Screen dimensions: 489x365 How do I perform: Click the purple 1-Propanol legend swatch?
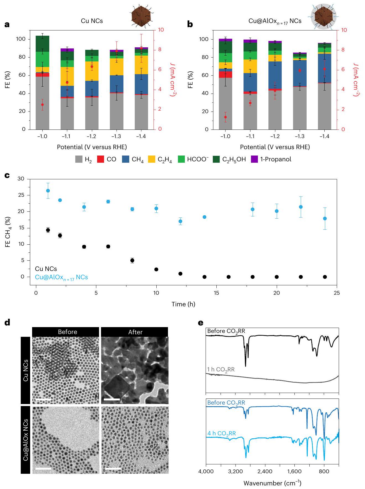click(x=254, y=159)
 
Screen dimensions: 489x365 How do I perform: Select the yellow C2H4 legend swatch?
click(x=152, y=159)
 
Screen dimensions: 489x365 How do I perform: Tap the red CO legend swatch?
click(x=100, y=159)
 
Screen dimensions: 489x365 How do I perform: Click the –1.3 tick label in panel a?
click(x=116, y=136)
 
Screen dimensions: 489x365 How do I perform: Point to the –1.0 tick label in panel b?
click(x=225, y=136)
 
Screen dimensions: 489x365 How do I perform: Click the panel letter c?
click(x=7, y=175)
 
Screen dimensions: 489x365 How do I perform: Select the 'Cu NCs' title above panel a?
click(x=92, y=21)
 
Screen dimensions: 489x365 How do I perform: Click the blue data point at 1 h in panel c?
click(x=48, y=191)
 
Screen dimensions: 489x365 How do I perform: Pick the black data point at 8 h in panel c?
click(x=132, y=260)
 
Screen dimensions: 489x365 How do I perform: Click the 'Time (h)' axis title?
click(x=183, y=304)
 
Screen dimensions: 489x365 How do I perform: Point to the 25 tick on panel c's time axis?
click(x=337, y=293)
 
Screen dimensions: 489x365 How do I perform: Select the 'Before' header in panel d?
click(x=68, y=332)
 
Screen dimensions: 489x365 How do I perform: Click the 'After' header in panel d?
click(x=135, y=332)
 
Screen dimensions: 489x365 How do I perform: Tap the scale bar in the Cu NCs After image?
click(x=112, y=399)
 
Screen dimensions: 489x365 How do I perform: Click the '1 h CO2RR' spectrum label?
click(x=221, y=370)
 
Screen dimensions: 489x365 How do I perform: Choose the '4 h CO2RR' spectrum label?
click(x=221, y=433)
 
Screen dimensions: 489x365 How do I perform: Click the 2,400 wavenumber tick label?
click(x=265, y=471)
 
